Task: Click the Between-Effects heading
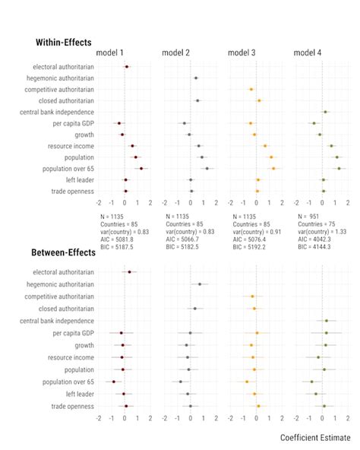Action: click(63, 252)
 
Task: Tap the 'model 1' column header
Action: click(110, 52)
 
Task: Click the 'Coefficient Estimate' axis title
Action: click(314, 438)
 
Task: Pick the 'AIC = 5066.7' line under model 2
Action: click(183, 240)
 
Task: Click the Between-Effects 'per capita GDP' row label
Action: click(74, 333)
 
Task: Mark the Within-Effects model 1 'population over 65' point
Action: click(141, 168)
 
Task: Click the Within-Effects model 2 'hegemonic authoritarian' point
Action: click(195, 78)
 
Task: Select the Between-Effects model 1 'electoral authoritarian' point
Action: click(129, 271)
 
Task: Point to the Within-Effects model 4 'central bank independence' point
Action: click(325, 112)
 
